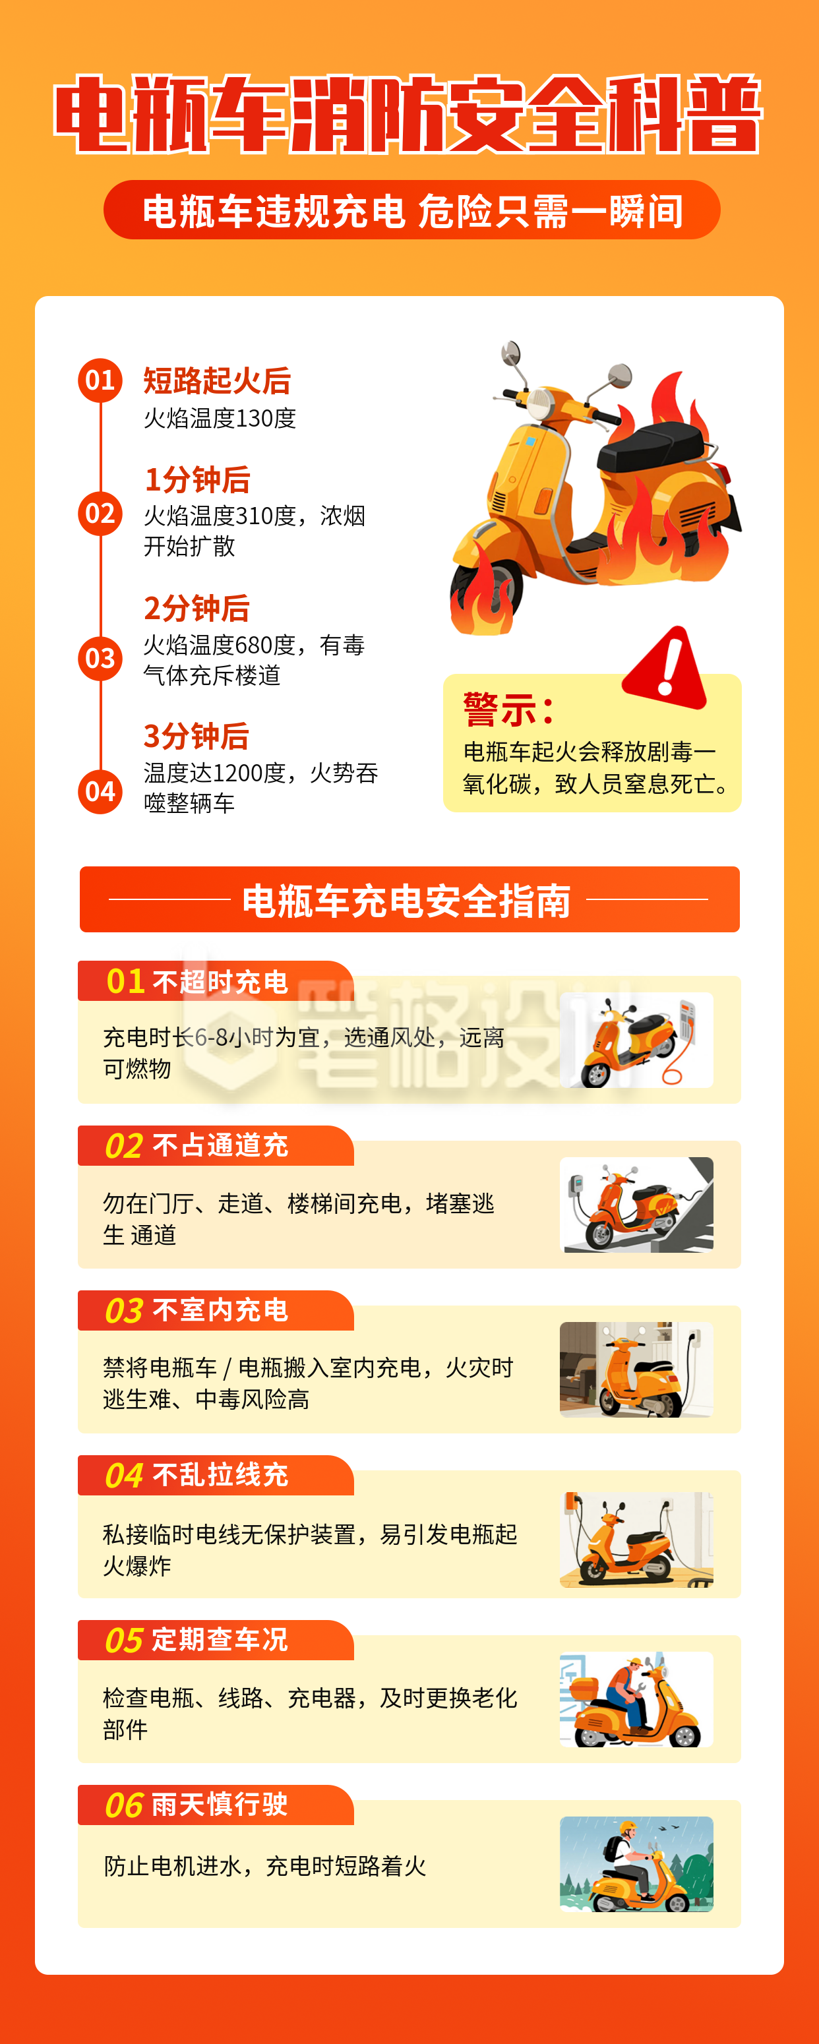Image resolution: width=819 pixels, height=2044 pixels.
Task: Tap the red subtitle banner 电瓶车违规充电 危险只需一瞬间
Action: click(x=412, y=211)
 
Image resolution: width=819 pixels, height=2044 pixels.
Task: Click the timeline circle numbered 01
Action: click(x=100, y=380)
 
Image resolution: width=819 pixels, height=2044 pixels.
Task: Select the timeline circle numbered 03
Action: click(x=100, y=658)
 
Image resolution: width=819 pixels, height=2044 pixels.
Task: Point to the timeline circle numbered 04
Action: click(x=100, y=791)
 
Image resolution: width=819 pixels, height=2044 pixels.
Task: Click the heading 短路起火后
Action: click(x=217, y=381)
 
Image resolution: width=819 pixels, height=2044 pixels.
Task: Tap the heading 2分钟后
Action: click(x=197, y=609)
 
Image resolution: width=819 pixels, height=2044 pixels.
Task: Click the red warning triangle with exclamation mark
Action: click(x=667, y=668)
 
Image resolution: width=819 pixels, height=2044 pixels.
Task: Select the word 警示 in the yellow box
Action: click(x=499, y=709)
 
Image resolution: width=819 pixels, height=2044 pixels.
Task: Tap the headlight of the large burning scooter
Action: click(x=541, y=404)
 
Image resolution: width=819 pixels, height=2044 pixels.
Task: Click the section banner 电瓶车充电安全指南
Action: click(x=409, y=900)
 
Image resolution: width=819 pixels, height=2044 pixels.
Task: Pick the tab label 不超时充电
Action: click(x=220, y=982)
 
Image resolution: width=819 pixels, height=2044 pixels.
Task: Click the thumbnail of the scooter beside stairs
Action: click(x=636, y=1205)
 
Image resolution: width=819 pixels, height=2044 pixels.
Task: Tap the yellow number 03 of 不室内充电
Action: click(x=124, y=1311)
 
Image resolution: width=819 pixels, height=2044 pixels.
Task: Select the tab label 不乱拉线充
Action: click(x=220, y=1475)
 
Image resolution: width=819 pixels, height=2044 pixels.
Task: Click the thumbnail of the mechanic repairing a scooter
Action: click(x=636, y=1699)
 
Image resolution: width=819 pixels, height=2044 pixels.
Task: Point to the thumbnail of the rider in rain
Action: click(x=636, y=1864)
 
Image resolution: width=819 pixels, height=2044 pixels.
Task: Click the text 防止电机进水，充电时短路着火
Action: click(x=265, y=1865)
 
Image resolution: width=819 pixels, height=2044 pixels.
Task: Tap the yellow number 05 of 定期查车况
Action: click(x=124, y=1640)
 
